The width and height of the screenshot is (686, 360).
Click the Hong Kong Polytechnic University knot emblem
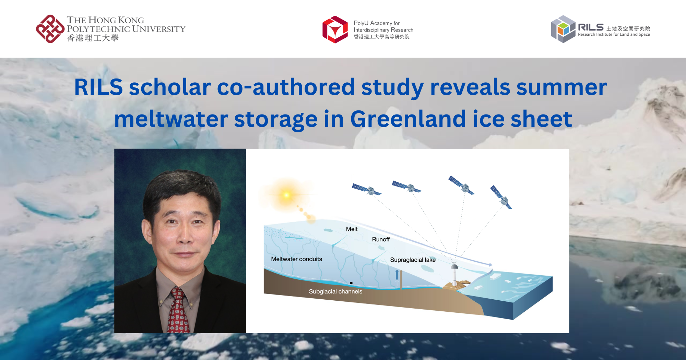(50, 29)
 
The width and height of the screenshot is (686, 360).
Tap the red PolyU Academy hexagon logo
(335, 29)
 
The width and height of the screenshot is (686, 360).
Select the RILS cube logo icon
(563, 29)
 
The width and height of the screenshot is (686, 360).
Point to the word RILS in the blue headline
(98, 87)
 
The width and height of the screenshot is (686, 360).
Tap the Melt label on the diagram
(352, 229)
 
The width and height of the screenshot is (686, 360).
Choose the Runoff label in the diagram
(381, 239)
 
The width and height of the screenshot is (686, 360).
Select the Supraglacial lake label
(413, 260)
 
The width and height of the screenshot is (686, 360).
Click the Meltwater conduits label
(296, 259)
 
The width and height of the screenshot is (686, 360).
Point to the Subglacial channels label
(335, 291)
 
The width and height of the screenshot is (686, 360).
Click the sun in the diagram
(287, 195)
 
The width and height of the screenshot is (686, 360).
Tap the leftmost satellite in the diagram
(367, 189)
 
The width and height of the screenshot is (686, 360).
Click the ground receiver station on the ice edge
(454, 274)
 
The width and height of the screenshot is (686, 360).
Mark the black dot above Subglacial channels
(351, 283)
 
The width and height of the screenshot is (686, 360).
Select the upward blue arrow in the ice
(397, 275)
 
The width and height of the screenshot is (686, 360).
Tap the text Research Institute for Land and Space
(614, 34)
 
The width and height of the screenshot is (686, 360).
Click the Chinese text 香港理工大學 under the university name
(93, 38)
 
